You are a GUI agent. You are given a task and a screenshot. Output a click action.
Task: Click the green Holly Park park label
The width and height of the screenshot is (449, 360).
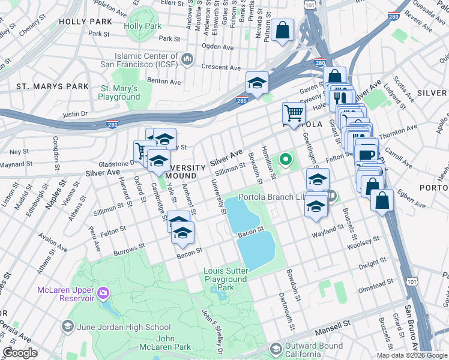[143, 26]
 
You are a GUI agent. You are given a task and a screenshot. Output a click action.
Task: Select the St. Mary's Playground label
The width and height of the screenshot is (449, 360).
[118, 92]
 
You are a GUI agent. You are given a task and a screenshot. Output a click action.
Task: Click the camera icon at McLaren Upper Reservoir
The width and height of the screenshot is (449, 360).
[103, 293]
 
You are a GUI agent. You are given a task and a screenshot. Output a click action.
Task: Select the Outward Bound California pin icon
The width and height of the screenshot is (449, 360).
[276, 349]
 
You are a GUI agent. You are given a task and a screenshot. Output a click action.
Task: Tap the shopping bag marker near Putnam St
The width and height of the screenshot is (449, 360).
[282, 30]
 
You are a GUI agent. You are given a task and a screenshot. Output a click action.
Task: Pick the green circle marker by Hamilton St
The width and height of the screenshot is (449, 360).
[286, 160]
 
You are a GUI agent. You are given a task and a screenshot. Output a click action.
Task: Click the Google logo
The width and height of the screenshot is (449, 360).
[19, 353]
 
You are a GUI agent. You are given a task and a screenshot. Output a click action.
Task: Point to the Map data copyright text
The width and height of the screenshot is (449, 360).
[412, 355]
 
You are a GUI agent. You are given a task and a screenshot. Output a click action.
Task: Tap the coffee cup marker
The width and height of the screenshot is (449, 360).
[366, 152]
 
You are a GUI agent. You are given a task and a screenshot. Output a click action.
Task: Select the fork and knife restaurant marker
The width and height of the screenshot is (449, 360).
[341, 97]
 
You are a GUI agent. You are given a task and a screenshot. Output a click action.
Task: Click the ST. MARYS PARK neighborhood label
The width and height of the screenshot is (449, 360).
[52, 86]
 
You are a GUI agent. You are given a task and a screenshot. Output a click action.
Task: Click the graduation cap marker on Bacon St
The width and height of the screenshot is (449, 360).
[184, 232]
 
